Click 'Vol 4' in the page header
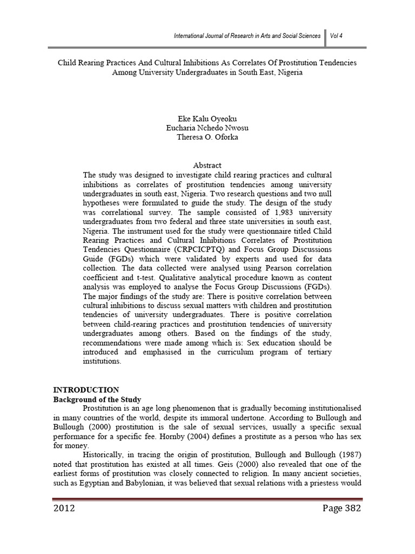(338, 36)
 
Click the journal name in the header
(247, 36)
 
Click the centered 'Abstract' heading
(207, 165)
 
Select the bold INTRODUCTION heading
(85, 390)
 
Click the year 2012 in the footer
(64, 509)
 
